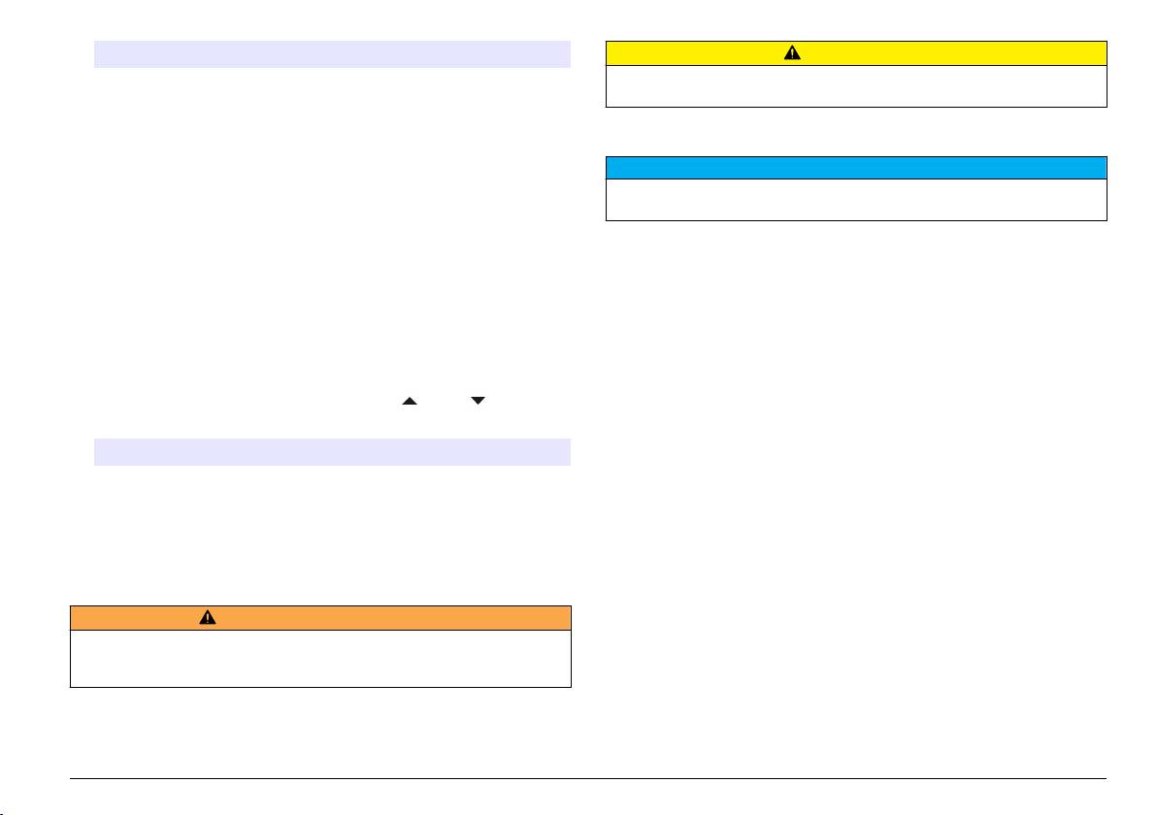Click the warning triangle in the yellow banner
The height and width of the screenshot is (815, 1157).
tap(793, 53)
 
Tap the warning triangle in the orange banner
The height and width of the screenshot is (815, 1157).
tap(208, 618)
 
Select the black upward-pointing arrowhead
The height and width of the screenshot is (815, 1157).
tap(409, 400)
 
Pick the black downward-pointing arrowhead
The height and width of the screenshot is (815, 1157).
tap(478, 400)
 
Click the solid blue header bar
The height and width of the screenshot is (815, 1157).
tap(856, 167)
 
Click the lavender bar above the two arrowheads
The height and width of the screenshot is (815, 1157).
tap(331, 54)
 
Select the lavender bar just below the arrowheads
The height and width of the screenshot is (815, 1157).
tap(331, 452)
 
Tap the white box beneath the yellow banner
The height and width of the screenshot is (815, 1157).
tap(856, 85)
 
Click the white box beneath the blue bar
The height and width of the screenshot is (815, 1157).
tap(856, 199)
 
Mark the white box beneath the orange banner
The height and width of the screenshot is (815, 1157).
tap(320, 659)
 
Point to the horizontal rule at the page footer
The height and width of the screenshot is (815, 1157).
tap(588, 778)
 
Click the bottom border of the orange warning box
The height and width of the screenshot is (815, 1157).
tap(320, 687)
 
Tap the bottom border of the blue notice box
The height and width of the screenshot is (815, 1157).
tap(856, 220)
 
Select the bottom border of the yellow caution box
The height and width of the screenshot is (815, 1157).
tap(856, 106)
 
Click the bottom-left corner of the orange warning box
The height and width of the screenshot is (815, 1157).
tap(71, 687)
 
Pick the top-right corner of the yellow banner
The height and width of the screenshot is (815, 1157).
tap(1107, 42)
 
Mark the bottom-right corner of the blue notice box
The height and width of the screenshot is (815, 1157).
tap(1107, 220)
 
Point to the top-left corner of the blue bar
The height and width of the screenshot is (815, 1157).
tap(607, 157)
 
